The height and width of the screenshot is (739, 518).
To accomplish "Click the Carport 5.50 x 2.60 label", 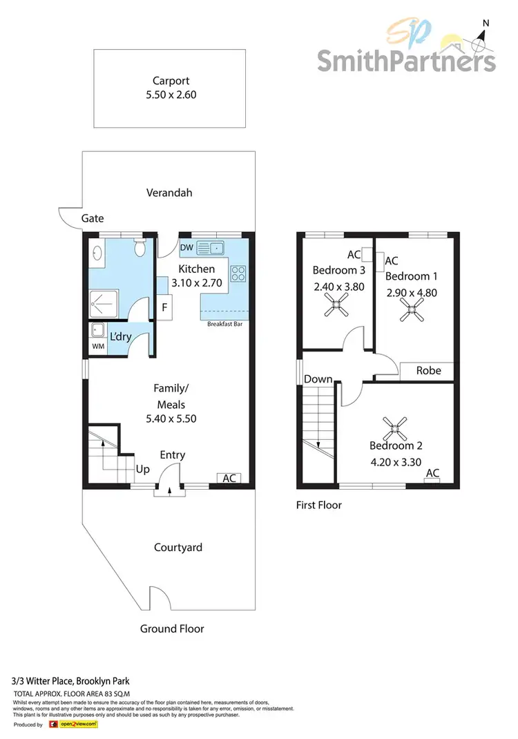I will click(169, 88).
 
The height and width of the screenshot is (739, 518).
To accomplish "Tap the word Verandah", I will click(169, 193).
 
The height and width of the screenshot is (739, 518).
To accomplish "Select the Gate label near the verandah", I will click(93, 218).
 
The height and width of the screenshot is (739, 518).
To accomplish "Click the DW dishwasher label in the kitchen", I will click(186, 247).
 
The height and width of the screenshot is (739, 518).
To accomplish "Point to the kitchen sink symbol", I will click(211, 247).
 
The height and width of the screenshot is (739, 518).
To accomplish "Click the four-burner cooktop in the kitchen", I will click(238, 273).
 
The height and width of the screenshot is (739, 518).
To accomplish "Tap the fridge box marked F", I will click(165, 307).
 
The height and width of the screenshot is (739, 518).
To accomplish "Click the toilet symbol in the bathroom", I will click(141, 246).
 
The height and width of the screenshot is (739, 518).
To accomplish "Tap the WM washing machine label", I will click(98, 346).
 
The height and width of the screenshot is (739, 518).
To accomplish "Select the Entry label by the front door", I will click(172, 454).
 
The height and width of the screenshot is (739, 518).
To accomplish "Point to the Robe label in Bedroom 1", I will click(428, 370).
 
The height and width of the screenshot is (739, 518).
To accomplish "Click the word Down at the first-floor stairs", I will click(318, 379).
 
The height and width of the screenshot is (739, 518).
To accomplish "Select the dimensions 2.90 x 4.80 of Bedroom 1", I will click(413, 291).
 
